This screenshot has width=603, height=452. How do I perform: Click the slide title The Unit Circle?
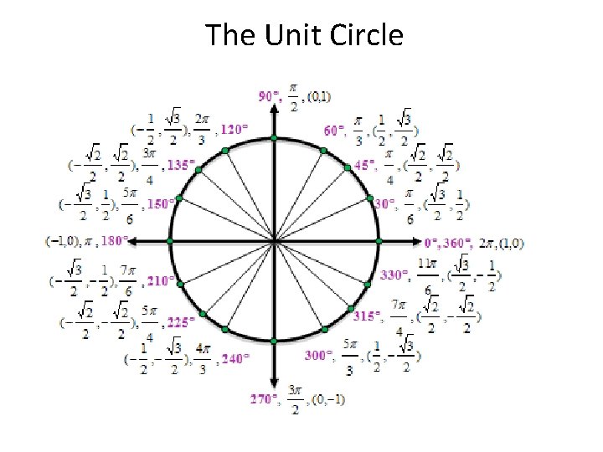coord(304,35)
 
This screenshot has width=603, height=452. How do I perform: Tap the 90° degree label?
coord(269,97)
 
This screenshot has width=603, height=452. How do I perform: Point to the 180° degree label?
coord(114,241)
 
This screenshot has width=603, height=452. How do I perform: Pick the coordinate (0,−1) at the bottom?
coord(326,399)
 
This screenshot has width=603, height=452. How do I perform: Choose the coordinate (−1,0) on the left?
coord(64,241)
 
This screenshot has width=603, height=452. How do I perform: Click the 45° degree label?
coord(364,166)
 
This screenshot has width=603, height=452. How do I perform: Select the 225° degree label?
coord(181,320)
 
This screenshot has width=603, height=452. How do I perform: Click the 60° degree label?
coord(335,130)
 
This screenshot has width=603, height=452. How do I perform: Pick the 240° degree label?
coord(234,359)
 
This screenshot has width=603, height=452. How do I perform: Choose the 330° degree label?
coord(394,275)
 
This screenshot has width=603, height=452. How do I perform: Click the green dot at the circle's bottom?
coord(274,342)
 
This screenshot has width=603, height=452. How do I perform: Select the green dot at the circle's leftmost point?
coord(170,241)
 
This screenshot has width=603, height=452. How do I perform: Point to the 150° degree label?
coord(161,203)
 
